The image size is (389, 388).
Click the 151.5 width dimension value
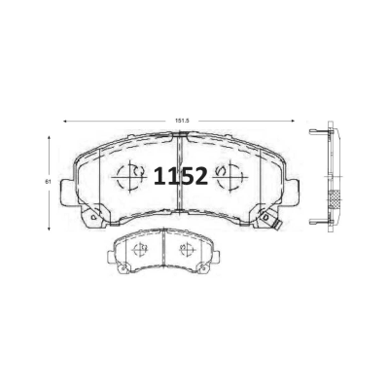point(182,121)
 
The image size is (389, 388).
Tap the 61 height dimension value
point(49,182)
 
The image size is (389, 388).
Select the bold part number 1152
point(180,176)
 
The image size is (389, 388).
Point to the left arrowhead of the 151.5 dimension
point(65,121)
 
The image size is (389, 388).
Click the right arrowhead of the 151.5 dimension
point(293,121)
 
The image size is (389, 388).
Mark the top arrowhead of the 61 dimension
point(49,137)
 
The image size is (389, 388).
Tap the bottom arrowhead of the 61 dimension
point(49,229)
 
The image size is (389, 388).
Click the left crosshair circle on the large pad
point(129,177)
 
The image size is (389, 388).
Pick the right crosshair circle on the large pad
point(230,177)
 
